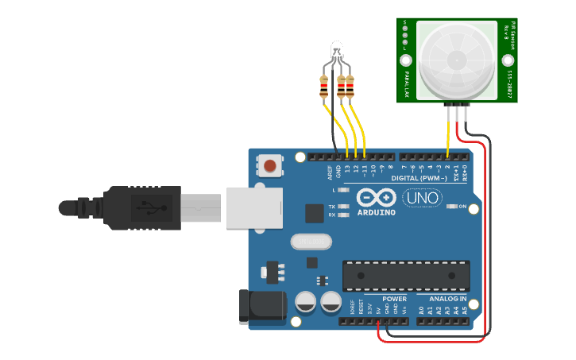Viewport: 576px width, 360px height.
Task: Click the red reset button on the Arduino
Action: coord(270,166)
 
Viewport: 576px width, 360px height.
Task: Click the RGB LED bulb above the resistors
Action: coord(337,49)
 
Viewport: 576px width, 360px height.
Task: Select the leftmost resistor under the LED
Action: coord(323,86)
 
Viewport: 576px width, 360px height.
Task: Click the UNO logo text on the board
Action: coord(422,198)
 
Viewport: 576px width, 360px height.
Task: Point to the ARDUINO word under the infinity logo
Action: coord(376,213)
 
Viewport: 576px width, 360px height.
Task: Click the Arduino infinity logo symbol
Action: coord(376,197)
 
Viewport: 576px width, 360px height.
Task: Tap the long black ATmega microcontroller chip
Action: coord(400,275)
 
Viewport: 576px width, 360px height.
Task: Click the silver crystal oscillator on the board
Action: coord(309,241)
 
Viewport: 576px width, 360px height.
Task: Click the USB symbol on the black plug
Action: coord(149,207)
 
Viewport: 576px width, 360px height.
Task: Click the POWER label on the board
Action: coord(395,299)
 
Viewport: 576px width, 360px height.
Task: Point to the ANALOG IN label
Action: coord(448,299)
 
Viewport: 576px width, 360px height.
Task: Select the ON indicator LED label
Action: coord(462,207)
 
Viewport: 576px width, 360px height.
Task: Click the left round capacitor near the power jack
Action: coord(306,302)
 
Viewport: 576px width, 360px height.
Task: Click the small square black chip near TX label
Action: coord(315,212)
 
